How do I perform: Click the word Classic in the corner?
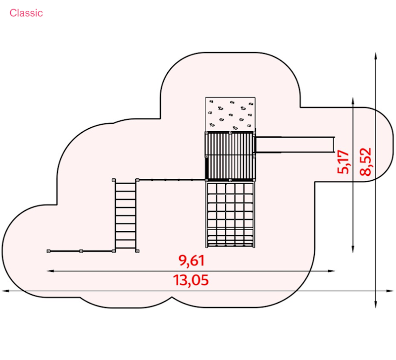click(x=26, y=13)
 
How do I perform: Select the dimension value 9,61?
click(x=191, y=260)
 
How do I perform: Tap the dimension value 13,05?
click(x=191, y=280)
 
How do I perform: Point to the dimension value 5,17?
click(x=343, y=162)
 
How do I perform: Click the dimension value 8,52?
click(x=366, y=162)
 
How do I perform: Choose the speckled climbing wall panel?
click(x=230, y=114)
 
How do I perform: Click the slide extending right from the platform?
click(x=295, y=144)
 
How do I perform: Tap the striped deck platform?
click(x=231, y=156)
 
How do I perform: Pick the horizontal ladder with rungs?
click(x=125, y=215)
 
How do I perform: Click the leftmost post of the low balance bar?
click(x=49, y=252)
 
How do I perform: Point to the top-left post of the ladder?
click(x=114, y=180)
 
